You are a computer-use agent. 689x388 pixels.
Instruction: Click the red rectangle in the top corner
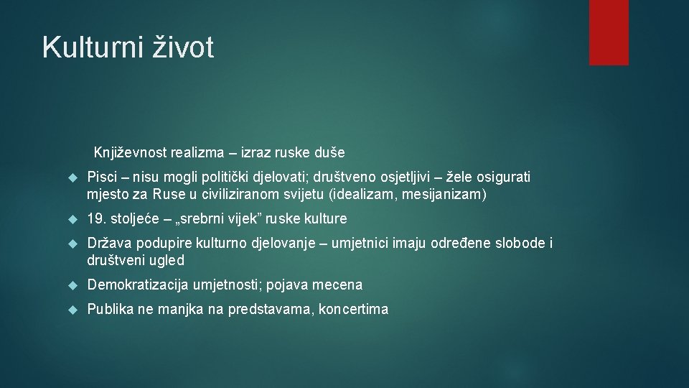pyautogui.click(x=609, y=32)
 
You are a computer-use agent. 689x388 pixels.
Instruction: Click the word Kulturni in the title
pyautogui.click(x=93, y=48)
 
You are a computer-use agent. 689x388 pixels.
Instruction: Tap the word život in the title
pyautogui.click(x=183, y=48)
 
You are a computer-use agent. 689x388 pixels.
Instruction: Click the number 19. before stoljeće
pyautogui.click(x=95, y=218)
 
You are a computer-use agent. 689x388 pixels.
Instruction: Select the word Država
pyautogui.click(x=107, y=244)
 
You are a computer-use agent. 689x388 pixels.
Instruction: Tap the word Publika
pyautogui.click(x=109, y=310)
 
